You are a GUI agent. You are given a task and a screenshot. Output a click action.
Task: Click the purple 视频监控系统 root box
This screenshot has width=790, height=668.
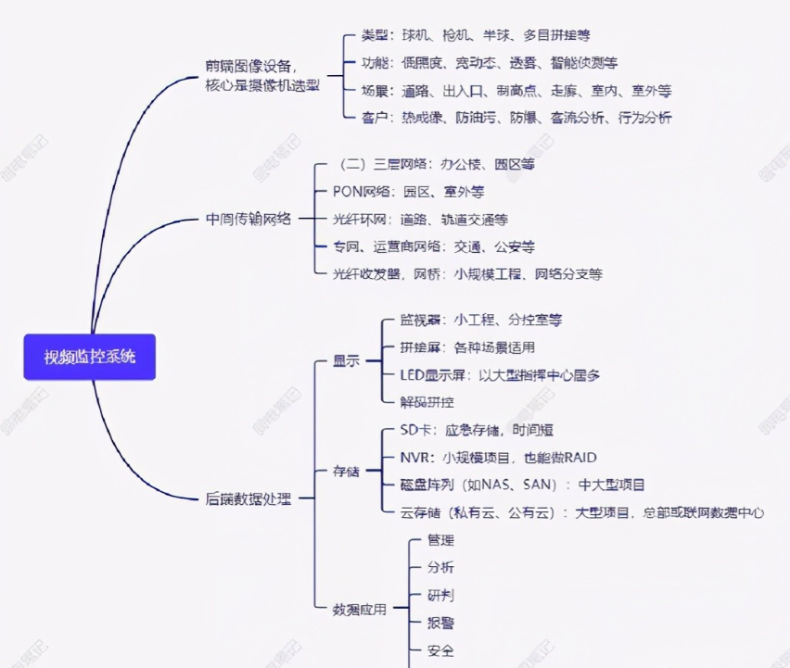pyautogui.click(x=90, y=357)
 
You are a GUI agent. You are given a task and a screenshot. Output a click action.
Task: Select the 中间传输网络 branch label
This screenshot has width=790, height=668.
pyautogui.click(x=248, y=220)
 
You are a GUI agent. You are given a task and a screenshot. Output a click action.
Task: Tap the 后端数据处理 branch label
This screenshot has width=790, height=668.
pyautogui.click(x=248, y=498)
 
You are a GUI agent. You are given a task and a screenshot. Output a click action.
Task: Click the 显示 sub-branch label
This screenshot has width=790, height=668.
pyautogui.click(x=346, y=361)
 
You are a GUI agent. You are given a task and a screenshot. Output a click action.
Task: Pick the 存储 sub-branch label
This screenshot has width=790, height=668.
pyautogui.click(x=346, y=472)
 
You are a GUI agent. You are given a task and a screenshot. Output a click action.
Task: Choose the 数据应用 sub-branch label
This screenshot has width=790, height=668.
pyautogui.click(x=359, y=609)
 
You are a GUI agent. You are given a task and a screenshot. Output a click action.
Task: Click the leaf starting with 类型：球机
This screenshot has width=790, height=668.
pyautogui.click(x=476, y=35)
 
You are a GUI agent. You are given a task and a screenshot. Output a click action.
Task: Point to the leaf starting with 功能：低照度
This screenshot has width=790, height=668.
pyautogui.click(x=489, y=63)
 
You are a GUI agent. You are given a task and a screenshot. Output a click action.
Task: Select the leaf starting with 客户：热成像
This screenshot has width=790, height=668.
pyautogui.click(x=516, y=118)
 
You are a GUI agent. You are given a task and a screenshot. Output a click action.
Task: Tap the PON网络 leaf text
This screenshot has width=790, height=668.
pyautogui.click(x=408, y=192)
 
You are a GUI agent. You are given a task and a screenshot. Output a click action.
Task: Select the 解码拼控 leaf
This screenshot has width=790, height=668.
pyautogui.click(x=427, y=402)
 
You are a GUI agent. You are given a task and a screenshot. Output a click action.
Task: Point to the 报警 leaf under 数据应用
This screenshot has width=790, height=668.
pyautogui.click(x=440, y=623)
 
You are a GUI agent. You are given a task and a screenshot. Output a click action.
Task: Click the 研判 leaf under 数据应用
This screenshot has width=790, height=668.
pyautogui.click(x=440, y=595)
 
